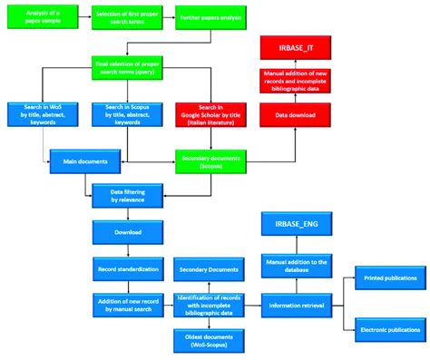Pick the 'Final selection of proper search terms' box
coord(127,66)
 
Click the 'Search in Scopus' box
coord(127,113)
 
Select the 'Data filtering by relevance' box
coord(127,193)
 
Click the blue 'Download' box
coord(127,231)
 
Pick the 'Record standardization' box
coord(127,269)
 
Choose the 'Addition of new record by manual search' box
coord(127,305)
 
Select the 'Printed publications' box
coord(390,278)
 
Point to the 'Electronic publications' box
coord(390,330)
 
